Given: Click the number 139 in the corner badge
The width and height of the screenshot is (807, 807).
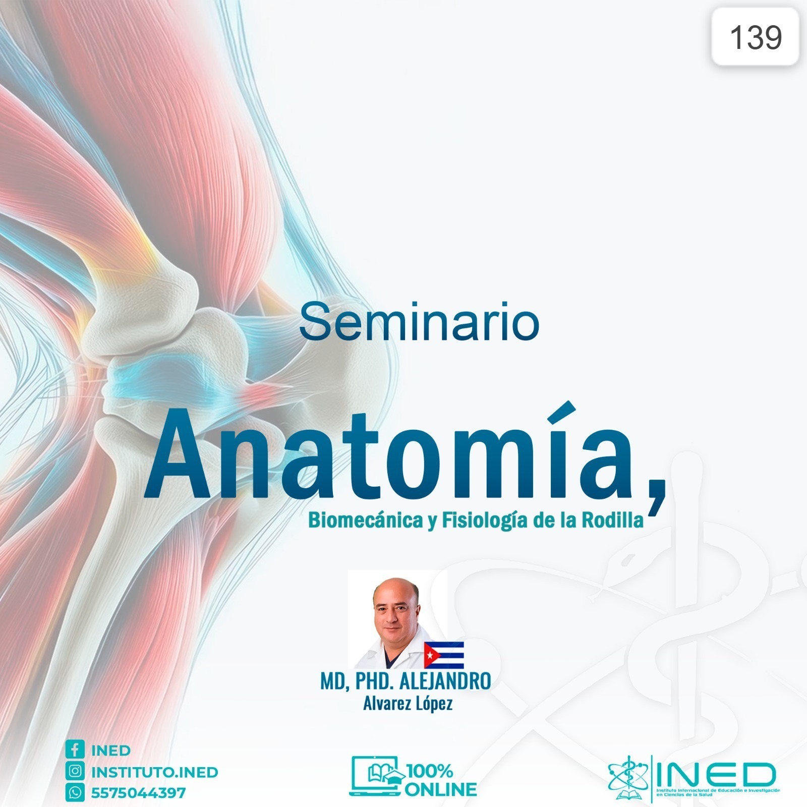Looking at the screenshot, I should click(x=756, y=37).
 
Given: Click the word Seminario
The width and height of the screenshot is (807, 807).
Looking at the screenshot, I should click(x=419, y=322).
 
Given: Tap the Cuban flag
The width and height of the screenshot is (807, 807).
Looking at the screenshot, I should click(x=443, y=655).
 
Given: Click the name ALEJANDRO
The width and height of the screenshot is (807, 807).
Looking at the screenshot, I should click(x=445, y=681).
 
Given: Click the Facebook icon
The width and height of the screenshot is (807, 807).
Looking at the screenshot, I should click(x=75, y=750).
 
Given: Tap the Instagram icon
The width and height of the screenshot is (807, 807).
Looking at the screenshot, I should click(x=75, y=771).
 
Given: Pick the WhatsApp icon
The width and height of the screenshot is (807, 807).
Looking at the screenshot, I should click(x=75, y=793).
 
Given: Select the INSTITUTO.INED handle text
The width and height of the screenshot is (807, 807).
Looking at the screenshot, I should click(x=154, y=772).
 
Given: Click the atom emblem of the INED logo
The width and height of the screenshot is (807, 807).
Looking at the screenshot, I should click(x=628, y=777).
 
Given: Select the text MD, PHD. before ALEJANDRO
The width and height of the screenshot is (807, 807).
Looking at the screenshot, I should click(x=357, y=681).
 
